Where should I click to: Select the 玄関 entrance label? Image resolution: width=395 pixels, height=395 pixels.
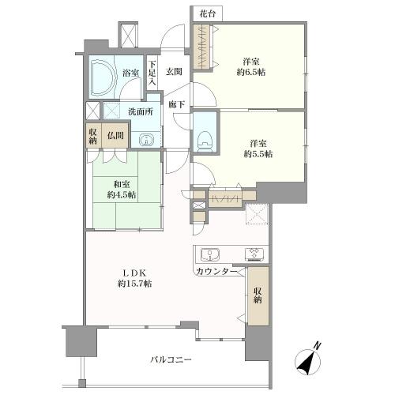[x=174, y=72]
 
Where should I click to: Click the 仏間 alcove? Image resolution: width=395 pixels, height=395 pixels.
[x=115, y=136]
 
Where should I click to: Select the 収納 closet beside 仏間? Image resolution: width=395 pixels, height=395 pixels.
[x=93, y=136]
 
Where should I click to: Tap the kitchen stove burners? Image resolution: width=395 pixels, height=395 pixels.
[x=255, y=254]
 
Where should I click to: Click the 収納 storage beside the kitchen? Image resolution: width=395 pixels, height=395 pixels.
[x=258, y=295]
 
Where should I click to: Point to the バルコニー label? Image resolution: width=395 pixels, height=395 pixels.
[x=171, y=360]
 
